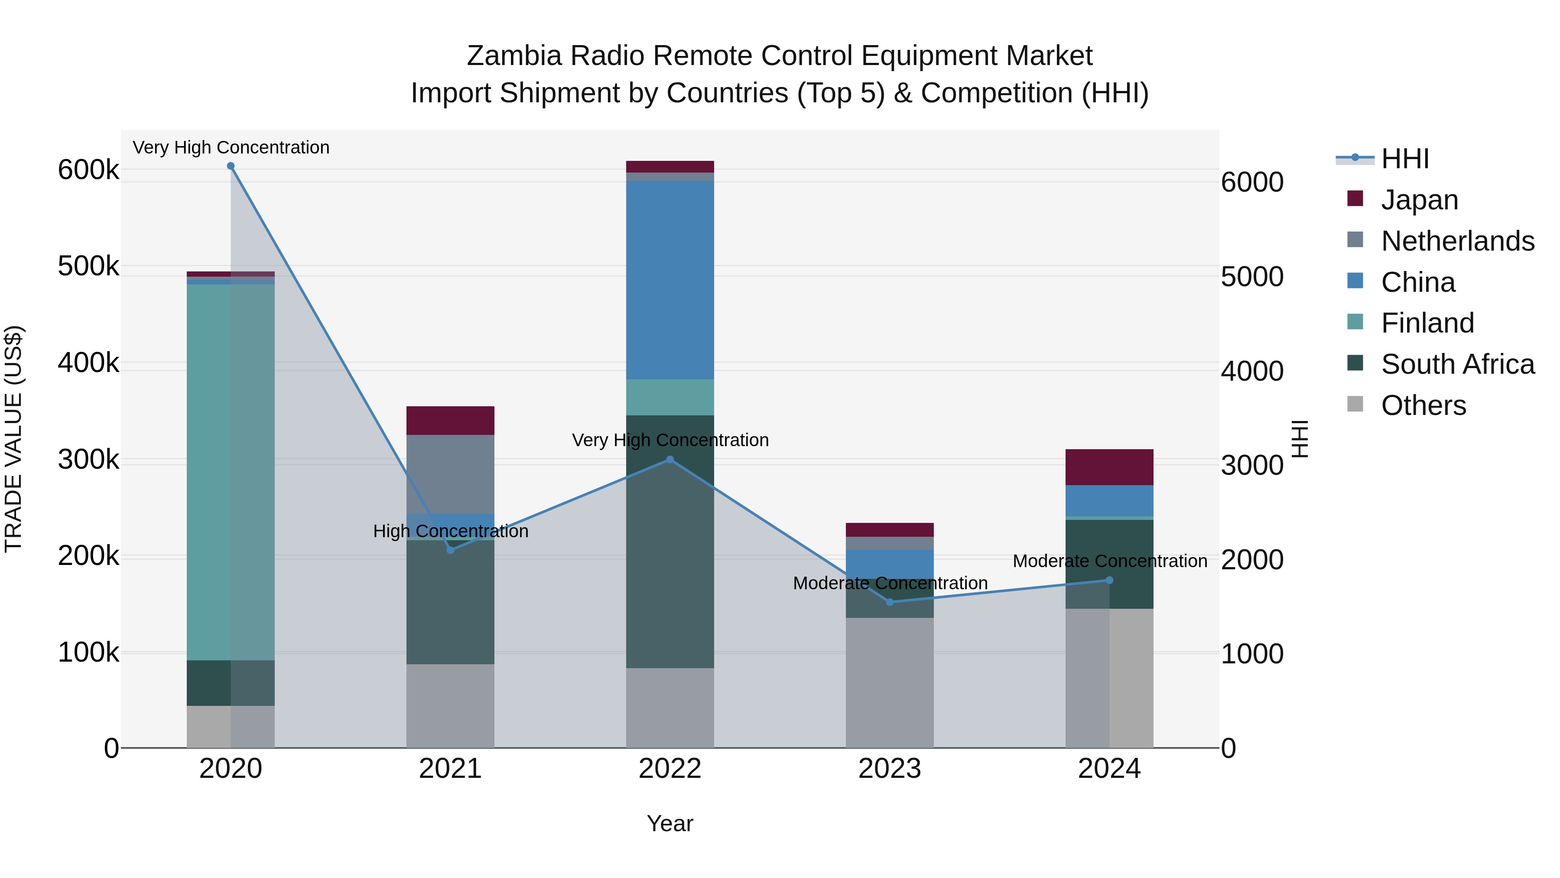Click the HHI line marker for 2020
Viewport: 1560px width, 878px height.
tap(231, 166)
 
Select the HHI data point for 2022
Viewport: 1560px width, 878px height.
tap(670, 460)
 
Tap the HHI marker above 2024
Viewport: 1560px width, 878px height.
tap(1109, 581)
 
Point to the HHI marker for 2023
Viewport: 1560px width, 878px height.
tap(890, 602)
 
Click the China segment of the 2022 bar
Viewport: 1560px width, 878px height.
tap(670, 280)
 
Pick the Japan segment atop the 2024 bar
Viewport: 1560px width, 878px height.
tap(1109, 467)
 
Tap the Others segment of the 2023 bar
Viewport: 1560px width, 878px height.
tap(890, 682)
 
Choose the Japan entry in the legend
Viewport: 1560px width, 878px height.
tap(1419, 200)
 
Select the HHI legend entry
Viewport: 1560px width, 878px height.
tap(1404, 159)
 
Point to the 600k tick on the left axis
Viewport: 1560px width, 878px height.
tap(88, 170)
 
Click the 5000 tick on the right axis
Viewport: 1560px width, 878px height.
tap(1252, 277)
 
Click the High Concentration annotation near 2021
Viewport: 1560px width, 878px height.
tap(451, 532)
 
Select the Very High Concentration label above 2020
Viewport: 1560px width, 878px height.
tap(231, 148)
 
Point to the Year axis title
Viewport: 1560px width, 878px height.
tap(670, 823)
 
